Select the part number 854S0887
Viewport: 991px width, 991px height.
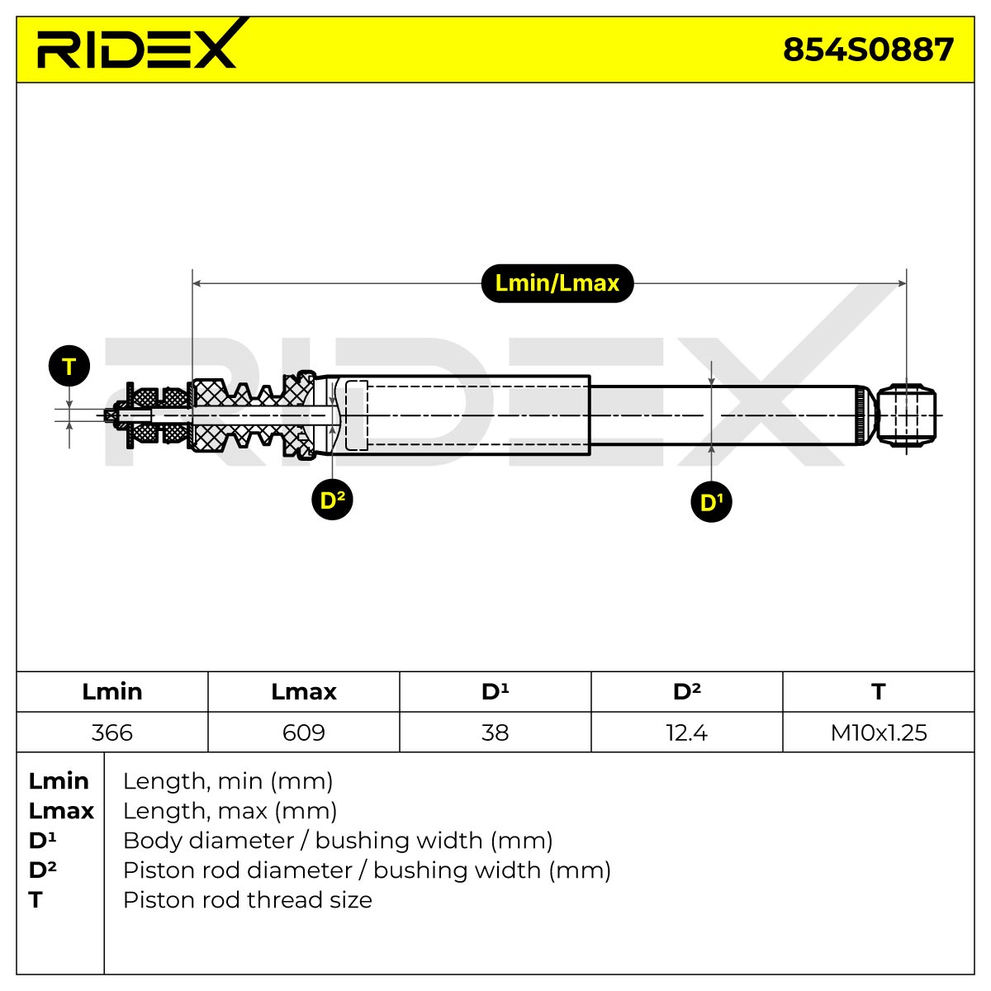click(x=868, y=50)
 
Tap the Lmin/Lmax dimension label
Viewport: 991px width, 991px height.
click(x=557, y=283)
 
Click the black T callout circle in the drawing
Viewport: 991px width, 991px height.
click(x=69, y=366)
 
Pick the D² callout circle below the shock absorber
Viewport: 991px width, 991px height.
click(x=332, y=500)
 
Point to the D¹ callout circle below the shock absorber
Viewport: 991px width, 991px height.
click(x=711, y=501)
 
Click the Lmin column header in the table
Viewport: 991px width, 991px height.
click(x=112, y=692)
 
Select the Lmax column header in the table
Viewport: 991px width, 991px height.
click(x=304, y=692)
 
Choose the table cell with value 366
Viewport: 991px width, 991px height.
click(x=112, y=733)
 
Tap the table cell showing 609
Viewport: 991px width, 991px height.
click(x=304, y=733)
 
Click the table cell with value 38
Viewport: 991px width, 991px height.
click(x=495, y=733)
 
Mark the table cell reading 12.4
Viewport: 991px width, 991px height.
click(x=687, y=733)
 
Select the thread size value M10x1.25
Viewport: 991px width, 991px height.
click(x=879, y=733)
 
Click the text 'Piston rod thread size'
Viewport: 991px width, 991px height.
click(x=248, y=900)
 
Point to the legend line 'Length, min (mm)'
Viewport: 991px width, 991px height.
click(x=228, y=781)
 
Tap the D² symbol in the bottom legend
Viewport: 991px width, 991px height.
click(x=43, y=870)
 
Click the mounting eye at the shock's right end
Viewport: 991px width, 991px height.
click(x=906, y=415)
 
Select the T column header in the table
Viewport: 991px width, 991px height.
click(x=879, y=692)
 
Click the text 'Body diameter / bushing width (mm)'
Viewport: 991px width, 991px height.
click(x=338, y=841)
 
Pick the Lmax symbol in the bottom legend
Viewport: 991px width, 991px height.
click(x=61, y=811)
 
